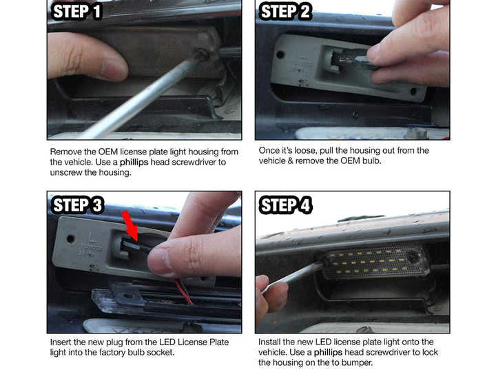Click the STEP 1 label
(x=77, y=12)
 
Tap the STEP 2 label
(x=285, y=12)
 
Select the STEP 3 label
(x=77, y=205)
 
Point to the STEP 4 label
(x=286, y=205)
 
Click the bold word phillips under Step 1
(x=134, y=163)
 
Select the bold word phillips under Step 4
(x=328, y=353)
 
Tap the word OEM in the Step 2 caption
(x=350, y=161)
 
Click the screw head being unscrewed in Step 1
(x=200, y=54)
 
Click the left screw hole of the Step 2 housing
(x=280, y=54)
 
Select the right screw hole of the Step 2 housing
(x=413, y=92)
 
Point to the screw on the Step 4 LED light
(x=413, y=256)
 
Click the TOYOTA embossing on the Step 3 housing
(x=92, y=247)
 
